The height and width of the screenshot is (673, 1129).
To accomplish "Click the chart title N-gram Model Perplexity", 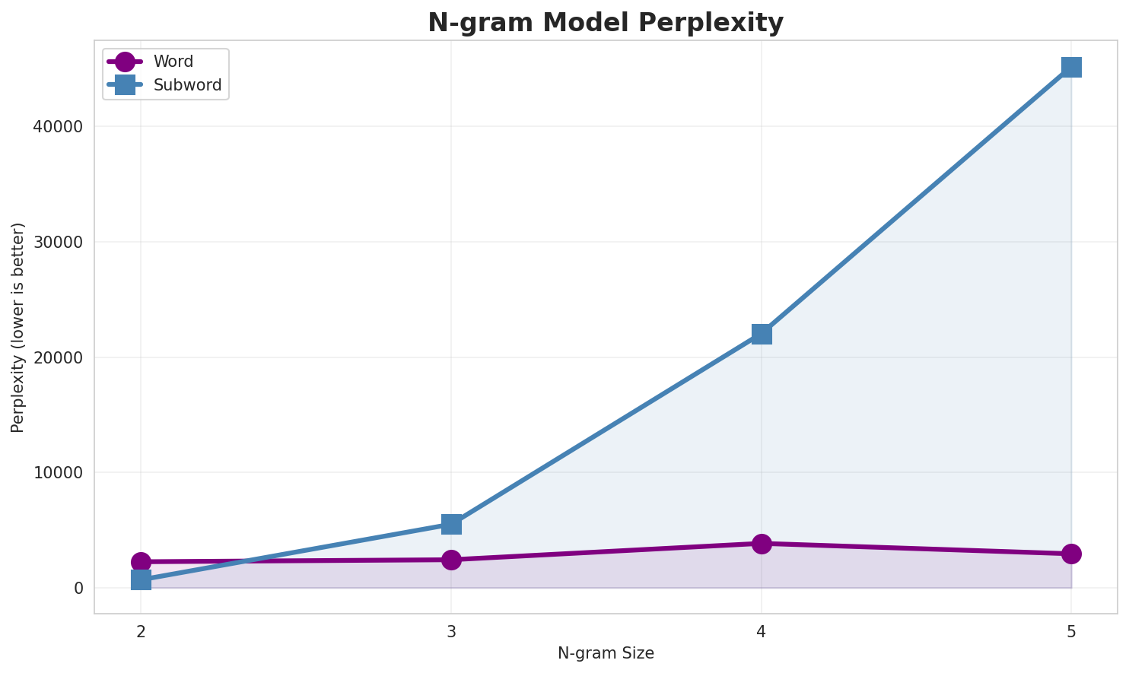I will coord(606,23).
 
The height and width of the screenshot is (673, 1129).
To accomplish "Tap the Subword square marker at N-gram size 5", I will coord(1071,67).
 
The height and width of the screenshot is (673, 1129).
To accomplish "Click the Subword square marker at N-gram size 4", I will coord(762,334).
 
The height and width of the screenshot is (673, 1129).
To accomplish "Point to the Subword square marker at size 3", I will coord(451,524).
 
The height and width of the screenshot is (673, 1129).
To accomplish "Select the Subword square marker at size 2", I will coord(141,580).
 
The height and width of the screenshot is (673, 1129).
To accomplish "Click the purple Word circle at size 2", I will coord(141,562).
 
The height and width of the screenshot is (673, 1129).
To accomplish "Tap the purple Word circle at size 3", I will coord(451,560).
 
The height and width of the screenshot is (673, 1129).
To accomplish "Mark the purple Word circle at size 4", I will coord(762,544).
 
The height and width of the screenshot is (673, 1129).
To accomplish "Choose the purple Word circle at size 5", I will coord(1071,554).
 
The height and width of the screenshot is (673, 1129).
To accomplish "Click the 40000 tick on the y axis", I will coord(58,127).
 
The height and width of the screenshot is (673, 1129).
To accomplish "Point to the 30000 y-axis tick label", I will coord(58,243).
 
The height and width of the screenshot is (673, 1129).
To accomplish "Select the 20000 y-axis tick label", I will coord(58,357).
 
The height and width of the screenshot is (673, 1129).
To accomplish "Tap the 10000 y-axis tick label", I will coord(58,473).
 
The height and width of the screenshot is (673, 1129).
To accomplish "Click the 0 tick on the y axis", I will coord(79,589).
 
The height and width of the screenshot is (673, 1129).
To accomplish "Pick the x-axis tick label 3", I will coord(451,631).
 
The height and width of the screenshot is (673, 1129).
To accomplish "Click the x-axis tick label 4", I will coord(762,631).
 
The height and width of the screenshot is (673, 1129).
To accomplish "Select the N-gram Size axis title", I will coord(606,653).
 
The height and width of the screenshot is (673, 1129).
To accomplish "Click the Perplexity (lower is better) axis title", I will coord(18,327).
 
